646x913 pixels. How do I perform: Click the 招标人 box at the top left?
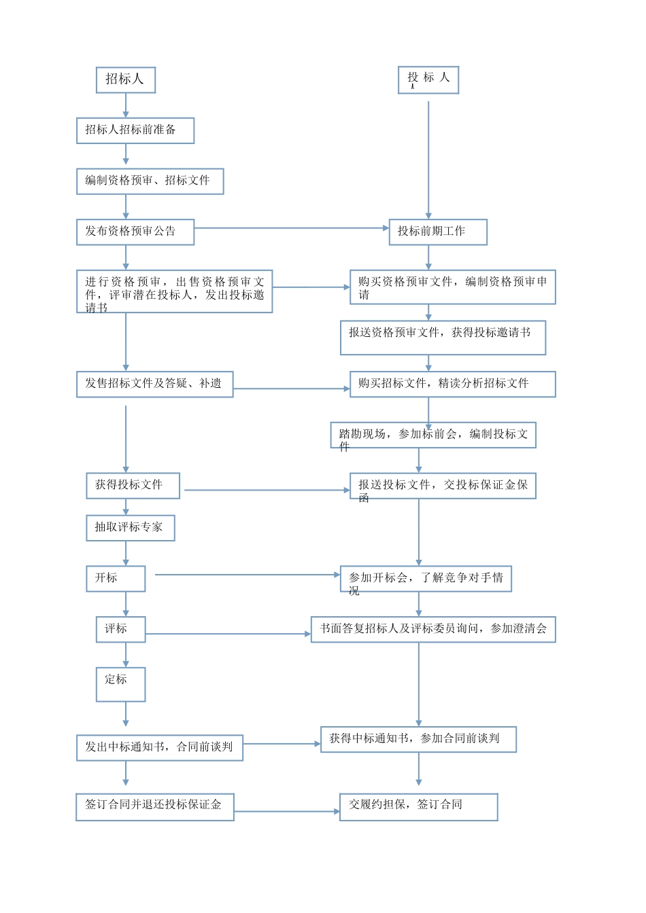[126, 79]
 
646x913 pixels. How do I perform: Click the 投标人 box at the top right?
[428, 79]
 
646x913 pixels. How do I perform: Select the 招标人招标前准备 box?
[135, 130]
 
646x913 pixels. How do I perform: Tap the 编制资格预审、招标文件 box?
[150, 181]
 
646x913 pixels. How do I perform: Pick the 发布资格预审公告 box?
[135, 232]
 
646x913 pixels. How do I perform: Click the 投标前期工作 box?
[438, 232]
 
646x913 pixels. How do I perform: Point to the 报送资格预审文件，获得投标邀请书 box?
[443, 338]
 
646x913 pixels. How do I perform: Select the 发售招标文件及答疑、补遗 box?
[154, 384]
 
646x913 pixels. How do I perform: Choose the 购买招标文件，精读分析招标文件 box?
[452, 384]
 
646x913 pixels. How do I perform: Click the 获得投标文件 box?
[133, 486]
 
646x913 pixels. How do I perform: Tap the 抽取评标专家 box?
[130, 528]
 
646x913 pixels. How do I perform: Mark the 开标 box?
[116, 579]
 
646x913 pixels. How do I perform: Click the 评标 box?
[120, 629]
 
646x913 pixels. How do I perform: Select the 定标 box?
[120, 684]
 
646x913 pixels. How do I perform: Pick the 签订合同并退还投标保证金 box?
[154, 807]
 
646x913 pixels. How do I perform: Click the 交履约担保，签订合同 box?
[418, 807]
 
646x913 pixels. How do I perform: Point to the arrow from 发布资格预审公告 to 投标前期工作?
[291, 228]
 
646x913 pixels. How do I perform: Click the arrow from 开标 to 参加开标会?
[248, 575]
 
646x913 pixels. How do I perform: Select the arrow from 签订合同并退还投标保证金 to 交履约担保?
[286, 811]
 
